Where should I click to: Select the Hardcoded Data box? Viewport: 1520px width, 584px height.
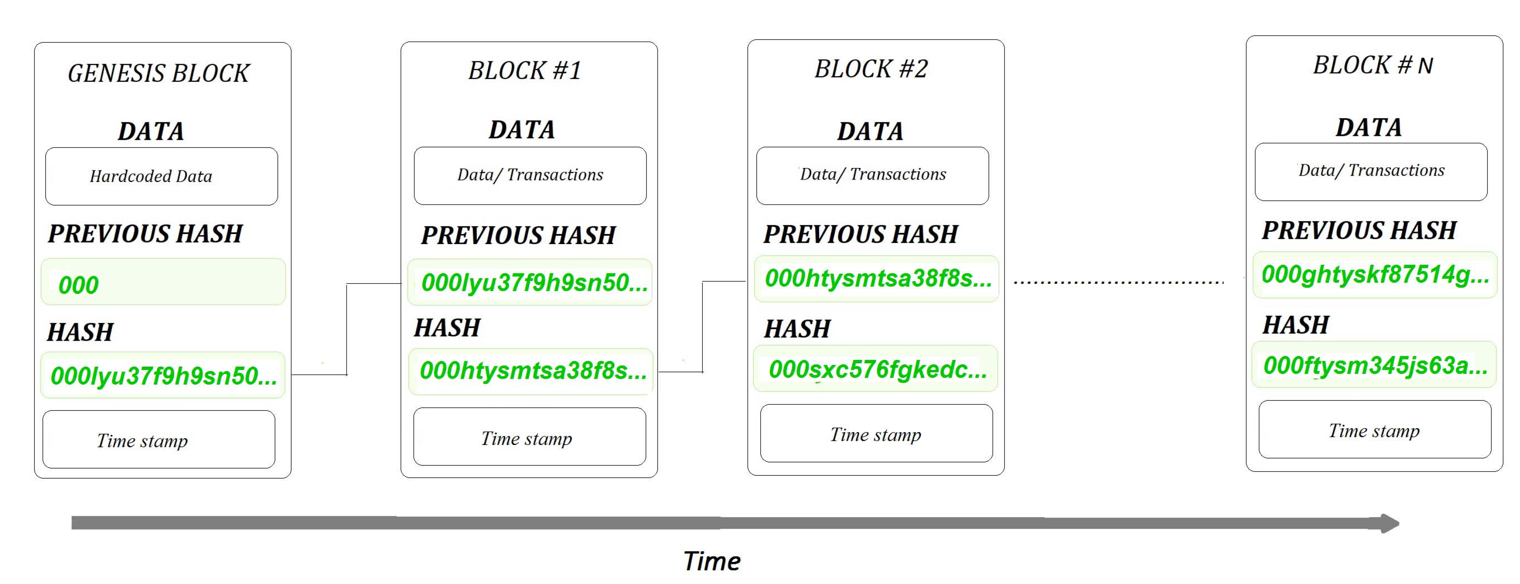[161, 176]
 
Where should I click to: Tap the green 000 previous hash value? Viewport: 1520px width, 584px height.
[79, 285]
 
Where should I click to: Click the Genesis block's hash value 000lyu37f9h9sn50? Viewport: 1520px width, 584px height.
[164, 376]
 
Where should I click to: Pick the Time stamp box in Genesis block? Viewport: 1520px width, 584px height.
[159, 440]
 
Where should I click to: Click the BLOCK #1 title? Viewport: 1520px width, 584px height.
[524, 71]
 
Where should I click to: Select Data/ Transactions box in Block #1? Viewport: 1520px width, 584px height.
[530, 175]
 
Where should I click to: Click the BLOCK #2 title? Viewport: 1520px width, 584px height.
[871, 69]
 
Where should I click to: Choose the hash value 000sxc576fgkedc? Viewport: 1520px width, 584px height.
[876, 369]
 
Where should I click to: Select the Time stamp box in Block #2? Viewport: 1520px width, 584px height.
[876, 434]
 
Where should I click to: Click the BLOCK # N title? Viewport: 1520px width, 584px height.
[1372, 65]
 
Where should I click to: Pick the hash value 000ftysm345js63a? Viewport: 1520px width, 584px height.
[1374, 366]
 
